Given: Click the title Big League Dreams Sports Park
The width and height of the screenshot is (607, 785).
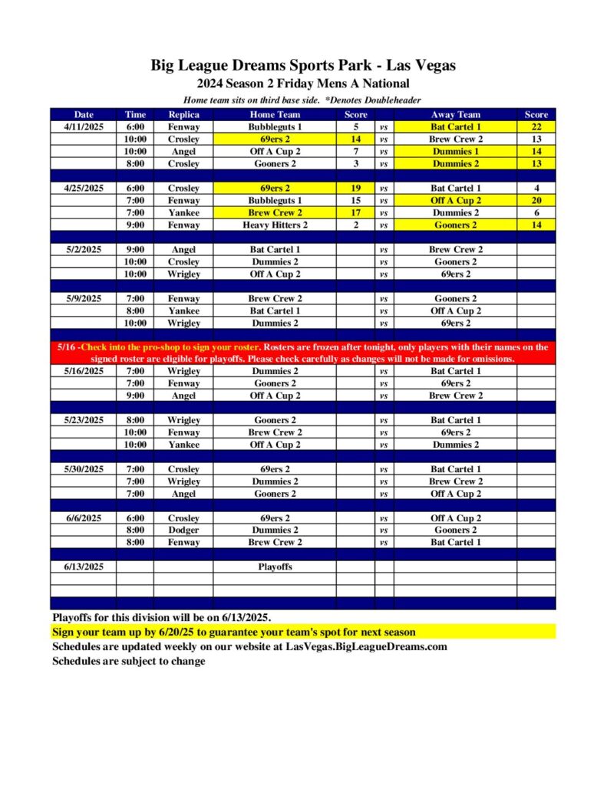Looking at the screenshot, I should [x=303, y=66].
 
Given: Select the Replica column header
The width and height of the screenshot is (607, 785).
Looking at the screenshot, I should [x=183, y=115].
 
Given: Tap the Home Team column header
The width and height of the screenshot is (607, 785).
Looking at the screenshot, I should [x=275, y=115].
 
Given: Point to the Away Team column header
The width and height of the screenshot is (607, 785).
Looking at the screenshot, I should [x=455, y=115].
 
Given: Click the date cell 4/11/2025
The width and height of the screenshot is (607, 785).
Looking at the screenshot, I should [x=84, y=126].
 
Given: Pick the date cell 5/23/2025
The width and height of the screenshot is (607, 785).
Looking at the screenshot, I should [x=84, y=420].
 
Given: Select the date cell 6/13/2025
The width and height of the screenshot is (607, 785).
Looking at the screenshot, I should [x=84, y=567].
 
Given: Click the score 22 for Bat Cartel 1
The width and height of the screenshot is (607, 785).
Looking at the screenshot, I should [x=536, y=126].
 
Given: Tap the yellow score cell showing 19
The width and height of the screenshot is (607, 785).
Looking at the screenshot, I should [x=355, y=188].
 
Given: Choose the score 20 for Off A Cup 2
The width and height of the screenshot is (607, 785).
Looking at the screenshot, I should [x=536, y=200].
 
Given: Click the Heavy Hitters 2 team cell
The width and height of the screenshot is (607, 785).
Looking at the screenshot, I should [x=275, y=225].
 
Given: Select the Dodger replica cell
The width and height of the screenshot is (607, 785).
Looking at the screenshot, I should [x=183, y=530].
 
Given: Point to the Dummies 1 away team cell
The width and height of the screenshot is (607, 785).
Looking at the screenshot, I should [x=455, y=151].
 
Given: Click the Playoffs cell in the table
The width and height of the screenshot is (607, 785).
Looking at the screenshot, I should [x=275, y=567].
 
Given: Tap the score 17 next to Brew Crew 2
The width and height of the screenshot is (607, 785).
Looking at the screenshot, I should [x=355, y=212].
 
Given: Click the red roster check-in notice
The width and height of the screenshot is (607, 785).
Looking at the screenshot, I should [x=303, y=353].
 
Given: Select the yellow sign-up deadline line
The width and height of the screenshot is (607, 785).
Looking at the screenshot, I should [x=234, y=632].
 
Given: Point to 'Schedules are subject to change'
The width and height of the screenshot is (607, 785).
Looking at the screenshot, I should [x=129, y=661].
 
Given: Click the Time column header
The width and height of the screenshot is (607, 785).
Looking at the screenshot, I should [x=135, y=115].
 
